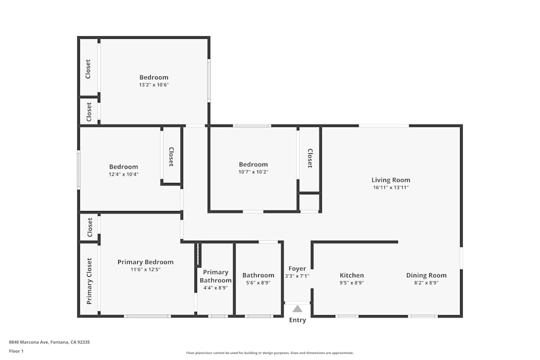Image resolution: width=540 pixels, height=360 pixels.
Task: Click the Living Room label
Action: coord(390,180)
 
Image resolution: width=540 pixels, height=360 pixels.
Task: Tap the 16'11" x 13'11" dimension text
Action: coord(390,188)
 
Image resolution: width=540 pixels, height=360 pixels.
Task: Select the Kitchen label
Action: coord(352,275)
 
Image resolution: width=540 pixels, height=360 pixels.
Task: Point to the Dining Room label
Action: coord(426,275)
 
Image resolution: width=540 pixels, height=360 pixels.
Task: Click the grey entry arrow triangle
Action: coord(298,309)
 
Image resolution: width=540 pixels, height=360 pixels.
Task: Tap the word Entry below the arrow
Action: coord(298,320)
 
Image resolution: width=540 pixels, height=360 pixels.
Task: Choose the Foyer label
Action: coord(297,268)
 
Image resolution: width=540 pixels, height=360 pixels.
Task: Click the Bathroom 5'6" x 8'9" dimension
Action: coord(258,283)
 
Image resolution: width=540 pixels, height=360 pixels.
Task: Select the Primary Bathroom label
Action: coord(215,276)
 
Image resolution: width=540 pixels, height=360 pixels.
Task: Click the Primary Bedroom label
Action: coord(145,262)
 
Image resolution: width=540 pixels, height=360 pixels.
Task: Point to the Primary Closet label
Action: coord(90,281)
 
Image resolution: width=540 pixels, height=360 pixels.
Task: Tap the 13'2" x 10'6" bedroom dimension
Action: coord(154,85)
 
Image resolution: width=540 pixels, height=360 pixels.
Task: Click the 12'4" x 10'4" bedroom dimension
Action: coord(123,174)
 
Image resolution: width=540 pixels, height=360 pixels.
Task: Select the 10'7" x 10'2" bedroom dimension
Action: coord(253,172)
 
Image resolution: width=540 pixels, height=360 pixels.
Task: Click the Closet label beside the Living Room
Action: coord(310,158)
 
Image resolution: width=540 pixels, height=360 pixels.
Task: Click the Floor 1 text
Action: coord(16,351)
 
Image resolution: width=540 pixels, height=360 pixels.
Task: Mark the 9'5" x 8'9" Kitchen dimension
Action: coord(352,283)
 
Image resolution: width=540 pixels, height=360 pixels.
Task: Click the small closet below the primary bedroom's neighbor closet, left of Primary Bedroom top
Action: coord(90,227)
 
